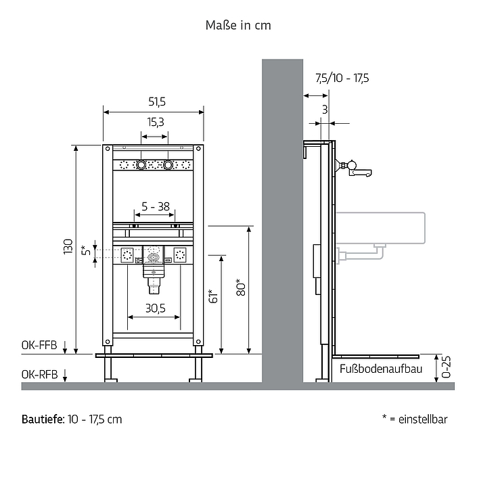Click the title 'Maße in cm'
(x=238, y=25)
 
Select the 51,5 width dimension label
(x=157, y=101)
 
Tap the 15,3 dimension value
(x=156, y=122)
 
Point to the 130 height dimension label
(x=68, y=246)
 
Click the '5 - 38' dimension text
(x=156, y=206)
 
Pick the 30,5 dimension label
(x=156, y=308)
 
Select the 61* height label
(x=214, y=296)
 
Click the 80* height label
(x=241, y=288)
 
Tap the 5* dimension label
(x=86, y=250)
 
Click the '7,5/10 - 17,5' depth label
(x=342, y=78)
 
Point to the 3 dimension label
(x=325, y=110)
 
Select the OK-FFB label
(x=39, y=345)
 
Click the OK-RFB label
(x=39, y=374)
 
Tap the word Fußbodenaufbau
(x=381, y=369)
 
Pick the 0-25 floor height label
(x=446, y=367)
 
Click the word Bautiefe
(x=43, y=419)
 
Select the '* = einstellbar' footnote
(x=415, y=419)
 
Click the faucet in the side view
(x=353, y=169)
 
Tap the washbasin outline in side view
(x=380, y=228)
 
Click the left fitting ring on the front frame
(x=141, y=165)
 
